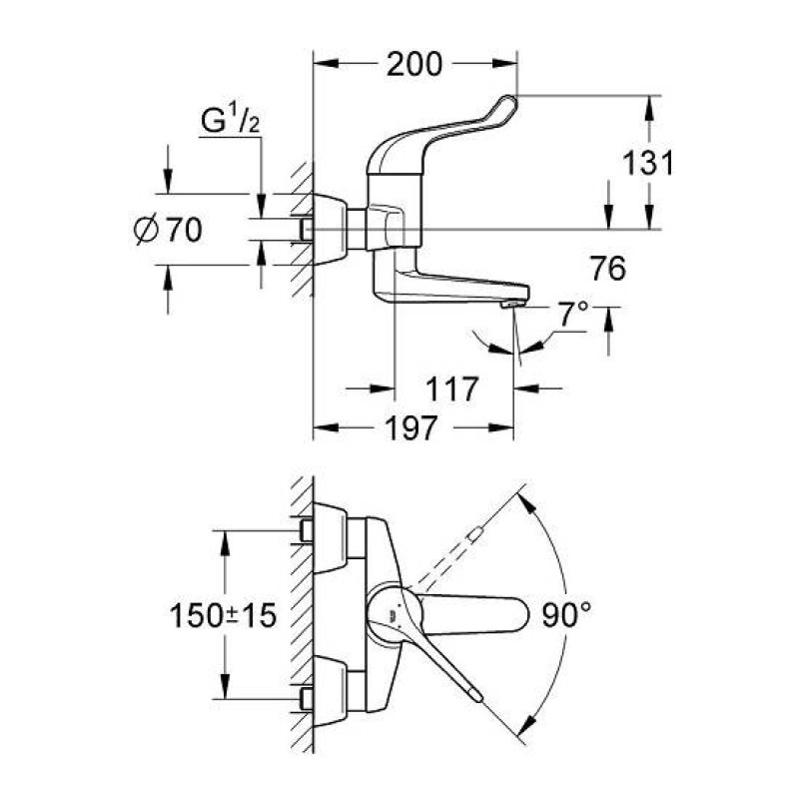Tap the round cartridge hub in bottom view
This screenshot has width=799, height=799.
coord(389,611)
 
